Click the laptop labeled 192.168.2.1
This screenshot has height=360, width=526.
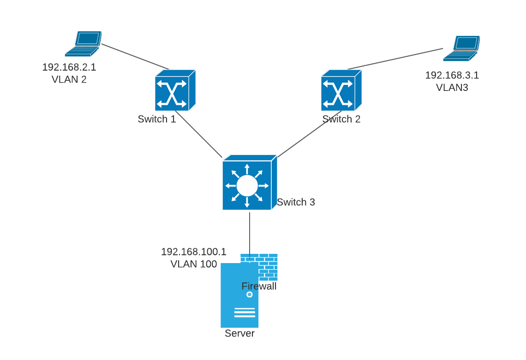pos(84,44)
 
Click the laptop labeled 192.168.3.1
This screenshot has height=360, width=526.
pos(461,48)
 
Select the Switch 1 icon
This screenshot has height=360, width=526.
pos(174,90)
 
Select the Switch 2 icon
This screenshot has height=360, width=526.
pos(341,90)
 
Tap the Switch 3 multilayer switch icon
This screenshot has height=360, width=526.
pos(249,183)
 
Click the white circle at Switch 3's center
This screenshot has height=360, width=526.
pos(247,186)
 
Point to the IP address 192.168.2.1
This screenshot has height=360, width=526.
pos(69,67)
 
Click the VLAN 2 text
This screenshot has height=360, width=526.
pos(69,79)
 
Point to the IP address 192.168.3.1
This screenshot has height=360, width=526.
pos(452,75)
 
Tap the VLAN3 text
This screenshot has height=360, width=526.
pos(452,87)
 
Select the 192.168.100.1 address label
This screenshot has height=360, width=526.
pos(193,252)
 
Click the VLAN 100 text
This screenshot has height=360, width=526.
pos(193,264)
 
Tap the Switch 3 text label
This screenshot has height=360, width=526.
pos(296,202)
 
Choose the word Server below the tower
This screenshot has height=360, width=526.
pos(239,333)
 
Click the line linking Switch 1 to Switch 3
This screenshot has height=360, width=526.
pos(198,134)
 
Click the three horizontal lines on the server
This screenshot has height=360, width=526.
pos(245,312)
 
